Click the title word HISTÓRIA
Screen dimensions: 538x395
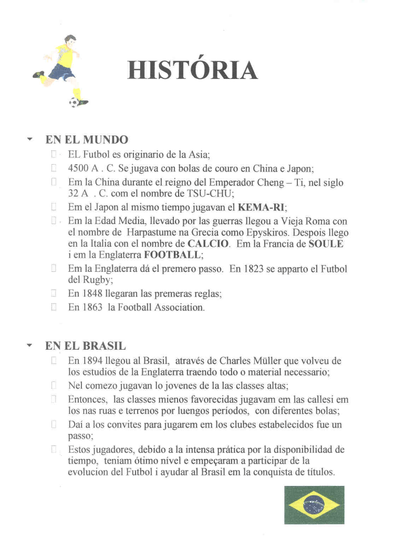[193, 70]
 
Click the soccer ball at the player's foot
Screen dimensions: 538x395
[74, 102]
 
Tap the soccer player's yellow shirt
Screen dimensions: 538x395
[65, 56]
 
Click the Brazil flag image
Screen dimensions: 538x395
[314, 505]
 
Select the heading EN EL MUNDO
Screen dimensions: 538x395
[87, 140]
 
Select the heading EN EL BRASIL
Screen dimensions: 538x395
[85, 347]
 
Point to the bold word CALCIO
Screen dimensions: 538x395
[209, 243]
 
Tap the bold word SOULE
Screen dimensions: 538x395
[325, 243]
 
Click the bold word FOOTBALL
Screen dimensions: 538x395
[172, 255]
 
